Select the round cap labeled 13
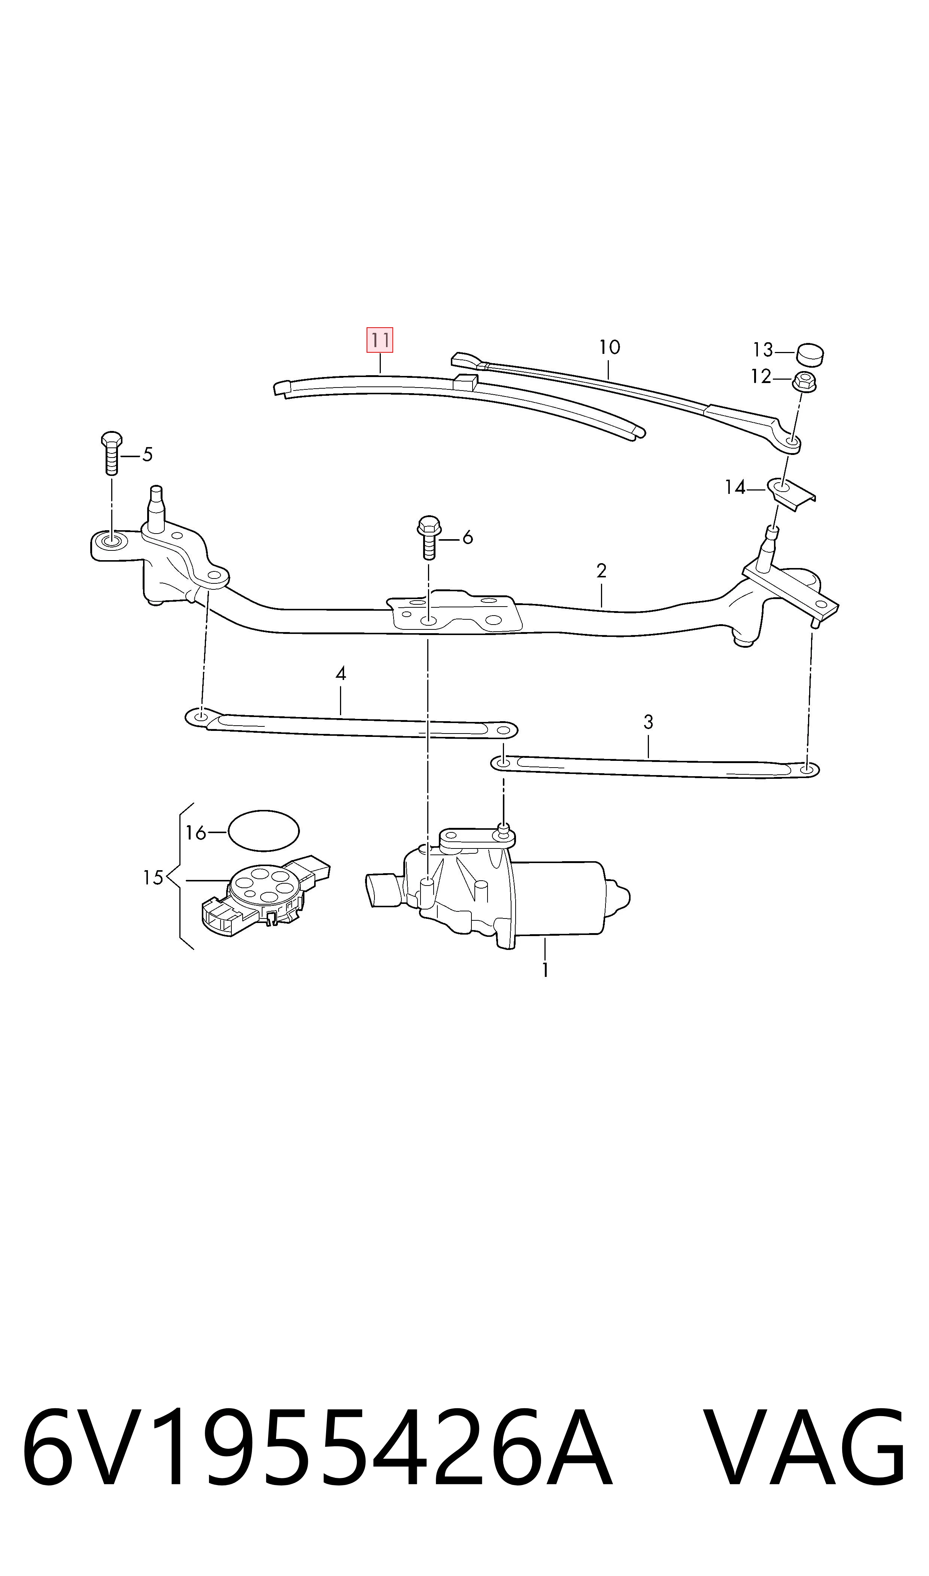pos(810,355)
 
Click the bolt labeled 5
pos(112,453)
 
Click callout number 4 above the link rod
pos(340,674)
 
